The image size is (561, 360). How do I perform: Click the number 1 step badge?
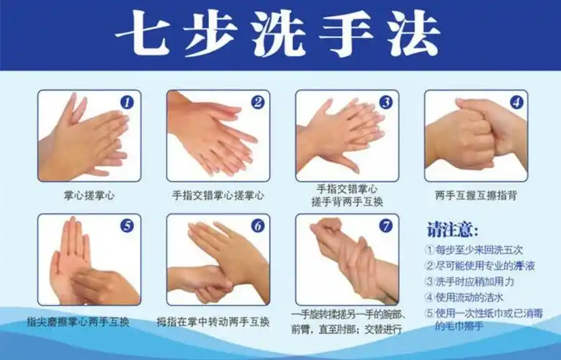[x=127, y=103]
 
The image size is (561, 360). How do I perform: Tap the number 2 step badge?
[x=257, y=103]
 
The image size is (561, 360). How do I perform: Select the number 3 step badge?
[x=386, y=103]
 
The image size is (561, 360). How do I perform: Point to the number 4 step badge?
[x=516, y=102]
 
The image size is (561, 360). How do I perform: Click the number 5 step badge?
[x=127, y=226]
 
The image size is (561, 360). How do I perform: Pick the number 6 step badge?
[x=257, y=226]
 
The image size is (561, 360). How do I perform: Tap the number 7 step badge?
[x=386, y=226]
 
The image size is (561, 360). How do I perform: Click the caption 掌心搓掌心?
[x=89, y=195]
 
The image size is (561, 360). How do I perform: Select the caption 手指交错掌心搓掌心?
[x=217, y=195]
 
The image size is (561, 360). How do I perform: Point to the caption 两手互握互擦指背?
[x=476, y=195]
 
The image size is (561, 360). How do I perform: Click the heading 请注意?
[x=452, y=230]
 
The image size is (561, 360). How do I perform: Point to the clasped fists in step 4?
[x=475, y=137]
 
